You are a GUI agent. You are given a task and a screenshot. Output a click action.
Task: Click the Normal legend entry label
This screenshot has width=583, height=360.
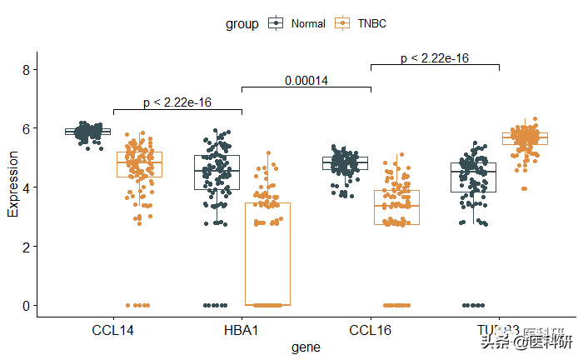[308, 24]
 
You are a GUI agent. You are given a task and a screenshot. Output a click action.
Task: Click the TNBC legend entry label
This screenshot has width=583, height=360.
[371, 24]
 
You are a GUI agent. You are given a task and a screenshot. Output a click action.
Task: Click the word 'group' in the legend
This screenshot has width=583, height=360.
[242, 24]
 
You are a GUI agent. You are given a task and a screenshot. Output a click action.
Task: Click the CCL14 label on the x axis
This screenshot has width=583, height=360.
[113, 331]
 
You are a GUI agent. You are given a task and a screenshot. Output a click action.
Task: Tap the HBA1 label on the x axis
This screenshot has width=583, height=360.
[242, 331]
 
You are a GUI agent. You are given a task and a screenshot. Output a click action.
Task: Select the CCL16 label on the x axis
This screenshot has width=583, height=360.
[370, 331]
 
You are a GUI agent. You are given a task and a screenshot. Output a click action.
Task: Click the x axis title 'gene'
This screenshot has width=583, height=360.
[306, 347]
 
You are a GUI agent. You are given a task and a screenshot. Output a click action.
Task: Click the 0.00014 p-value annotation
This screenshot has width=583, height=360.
[306, 80]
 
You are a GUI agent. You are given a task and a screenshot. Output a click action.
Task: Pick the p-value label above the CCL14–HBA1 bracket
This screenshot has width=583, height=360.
[177, 102]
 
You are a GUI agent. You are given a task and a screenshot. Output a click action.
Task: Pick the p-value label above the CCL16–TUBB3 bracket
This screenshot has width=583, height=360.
[434, 58]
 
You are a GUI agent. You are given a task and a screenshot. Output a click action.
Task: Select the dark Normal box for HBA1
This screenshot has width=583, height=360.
[217, 172]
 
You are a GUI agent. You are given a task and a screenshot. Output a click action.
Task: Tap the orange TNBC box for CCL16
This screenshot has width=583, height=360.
[396, 207]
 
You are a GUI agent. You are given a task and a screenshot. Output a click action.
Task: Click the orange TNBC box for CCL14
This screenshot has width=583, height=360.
[139, 164]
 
